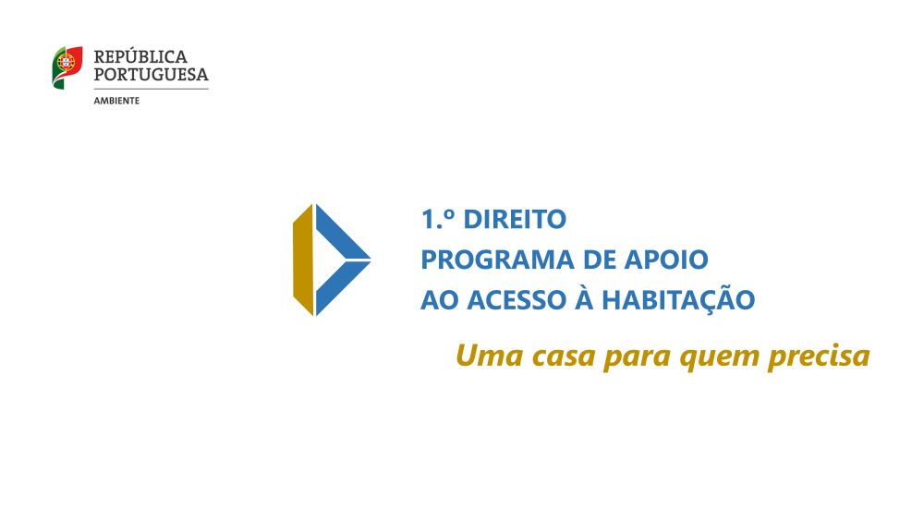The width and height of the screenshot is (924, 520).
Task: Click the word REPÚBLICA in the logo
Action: (x=140, y=57)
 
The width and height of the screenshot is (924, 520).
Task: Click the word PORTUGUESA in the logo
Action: (x=151, y=74)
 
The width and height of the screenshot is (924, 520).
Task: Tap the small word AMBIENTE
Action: (x=116, y=100)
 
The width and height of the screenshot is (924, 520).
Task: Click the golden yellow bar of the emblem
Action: (x=302, y=260)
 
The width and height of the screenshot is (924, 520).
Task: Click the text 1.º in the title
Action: (x=438, y=220)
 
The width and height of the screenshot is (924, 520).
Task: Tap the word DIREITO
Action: (x=514, y=220)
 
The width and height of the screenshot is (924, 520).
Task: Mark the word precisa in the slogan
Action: (x=819, y=357)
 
